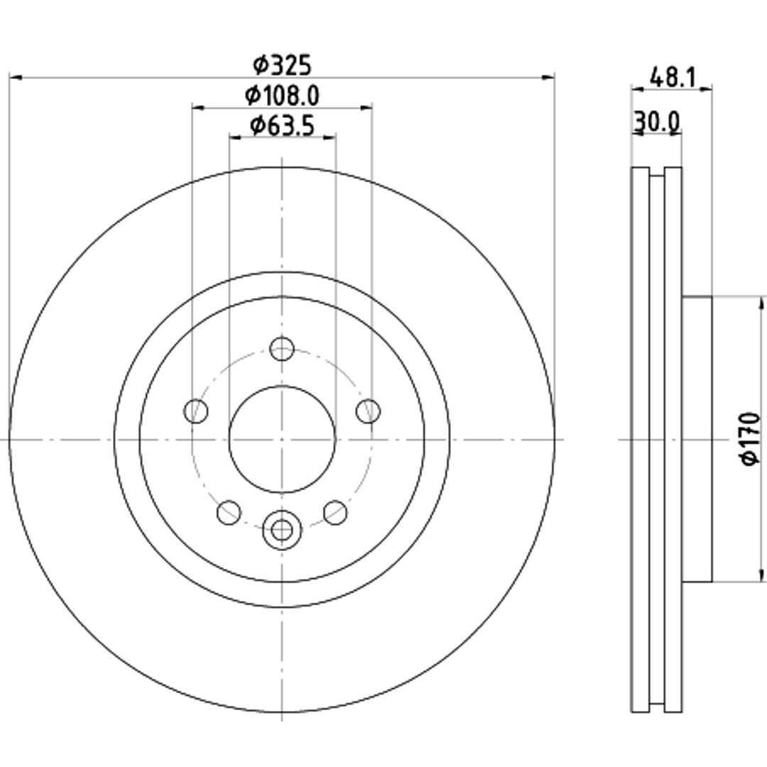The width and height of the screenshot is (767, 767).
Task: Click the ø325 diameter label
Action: [x=282, y=65]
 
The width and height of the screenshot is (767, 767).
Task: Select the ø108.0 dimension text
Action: [x=282, y=95]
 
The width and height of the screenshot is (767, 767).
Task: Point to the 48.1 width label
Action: [x=672, y=77]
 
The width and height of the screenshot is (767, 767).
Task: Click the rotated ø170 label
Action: [x=751, y=438]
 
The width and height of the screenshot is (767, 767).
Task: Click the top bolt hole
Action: [x=282, y=349]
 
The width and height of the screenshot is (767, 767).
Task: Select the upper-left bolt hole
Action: [x=196, y=411]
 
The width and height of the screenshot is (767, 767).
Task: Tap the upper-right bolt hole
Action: [x=368, y=411]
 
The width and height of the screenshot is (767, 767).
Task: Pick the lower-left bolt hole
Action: [x=229, y=512]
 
